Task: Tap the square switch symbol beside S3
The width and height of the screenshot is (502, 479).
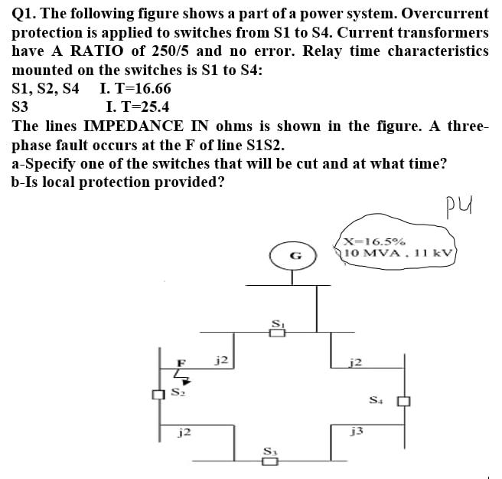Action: [x=270, y=461]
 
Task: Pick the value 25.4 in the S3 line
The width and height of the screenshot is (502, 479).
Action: [x=152, y=107]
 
